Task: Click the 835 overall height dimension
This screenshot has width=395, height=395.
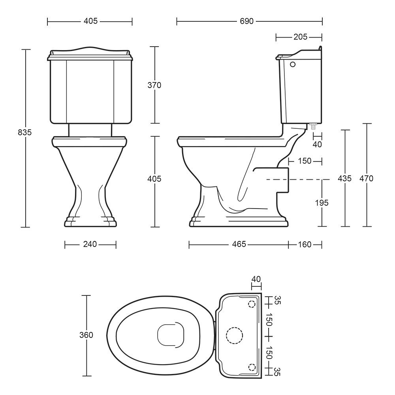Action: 24,132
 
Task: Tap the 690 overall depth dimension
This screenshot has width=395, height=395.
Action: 246,21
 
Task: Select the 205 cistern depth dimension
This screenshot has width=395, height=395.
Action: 300,37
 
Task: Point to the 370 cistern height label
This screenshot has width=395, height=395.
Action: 154,85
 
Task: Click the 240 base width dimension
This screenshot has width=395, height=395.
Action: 90,244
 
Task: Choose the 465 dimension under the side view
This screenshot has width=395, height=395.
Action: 239,244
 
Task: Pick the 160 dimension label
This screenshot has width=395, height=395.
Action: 305,245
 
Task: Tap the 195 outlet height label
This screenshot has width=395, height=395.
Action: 322,203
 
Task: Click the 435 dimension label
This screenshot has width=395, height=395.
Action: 344,179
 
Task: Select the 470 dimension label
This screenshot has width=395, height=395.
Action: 366,179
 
